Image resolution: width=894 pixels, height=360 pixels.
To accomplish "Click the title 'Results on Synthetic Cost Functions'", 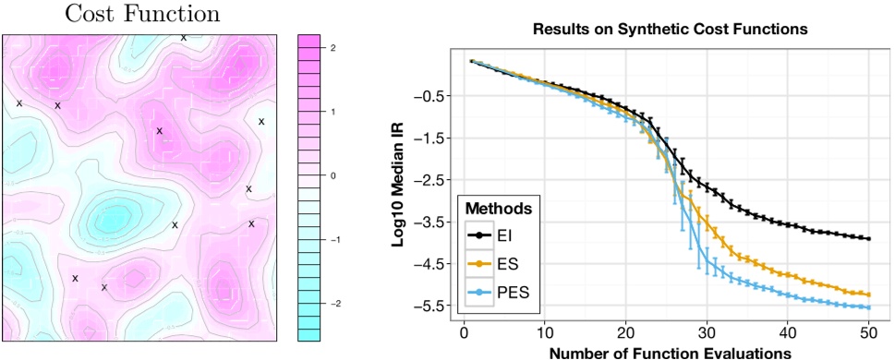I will (x=670, y=30).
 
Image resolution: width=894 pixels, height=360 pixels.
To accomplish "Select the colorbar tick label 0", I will (x=332, y=174).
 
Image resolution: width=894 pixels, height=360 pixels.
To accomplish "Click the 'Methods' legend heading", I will (x=501, y=208).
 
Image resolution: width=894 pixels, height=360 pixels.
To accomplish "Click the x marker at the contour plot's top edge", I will (x=183, y=37).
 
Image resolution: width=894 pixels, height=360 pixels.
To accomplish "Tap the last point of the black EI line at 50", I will (x=869, y=239).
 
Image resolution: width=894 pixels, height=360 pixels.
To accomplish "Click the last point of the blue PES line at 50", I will (x=869, y=307).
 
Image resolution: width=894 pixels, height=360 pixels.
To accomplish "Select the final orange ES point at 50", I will (x=869, y=294).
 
